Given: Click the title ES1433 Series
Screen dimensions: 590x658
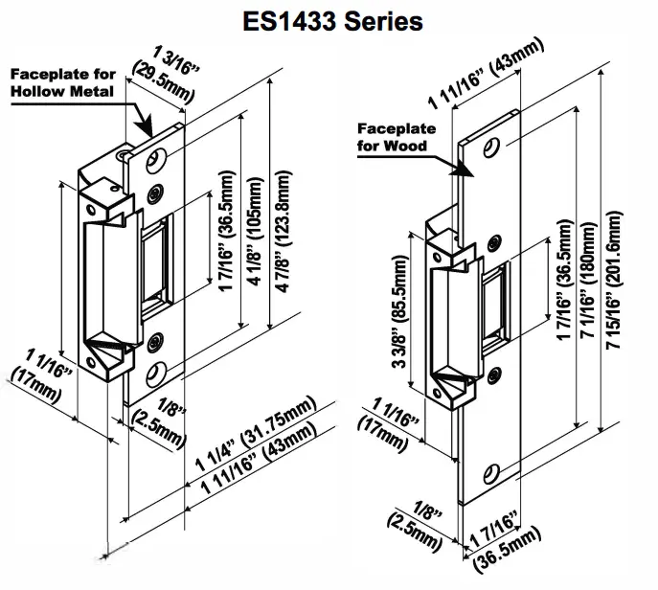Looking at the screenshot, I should (329, 21).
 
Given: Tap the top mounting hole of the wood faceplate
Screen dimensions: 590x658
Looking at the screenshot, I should (493, 147).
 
